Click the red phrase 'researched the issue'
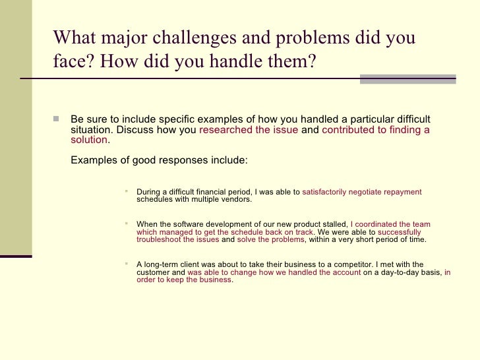point(248,130)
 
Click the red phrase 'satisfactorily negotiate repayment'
point(361,192)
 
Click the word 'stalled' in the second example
point(333,225)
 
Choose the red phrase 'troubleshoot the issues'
point(177,240)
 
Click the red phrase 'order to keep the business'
point(184,280)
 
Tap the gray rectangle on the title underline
point(407,79)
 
